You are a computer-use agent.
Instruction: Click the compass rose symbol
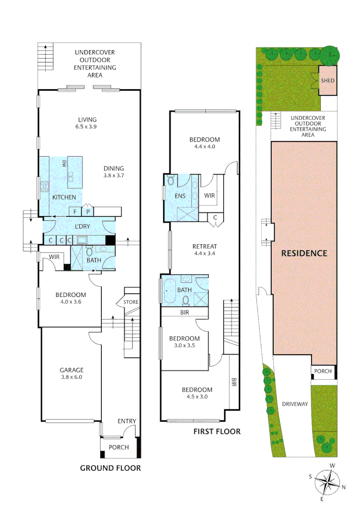(327, 482)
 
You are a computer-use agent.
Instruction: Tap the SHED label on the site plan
(327, 81)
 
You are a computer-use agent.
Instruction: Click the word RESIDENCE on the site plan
(304, 254)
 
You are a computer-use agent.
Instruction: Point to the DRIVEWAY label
(295, 404)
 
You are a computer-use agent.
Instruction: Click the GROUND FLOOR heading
(110, 468)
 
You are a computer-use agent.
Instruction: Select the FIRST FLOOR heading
(217, 431)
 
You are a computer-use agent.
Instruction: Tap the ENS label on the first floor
(180, 196)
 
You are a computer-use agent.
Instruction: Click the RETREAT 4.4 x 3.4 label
(204, 250)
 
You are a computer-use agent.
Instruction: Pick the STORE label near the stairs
(132, 302)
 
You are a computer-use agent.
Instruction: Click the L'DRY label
(82, 227)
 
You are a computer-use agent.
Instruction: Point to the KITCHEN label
(64, 197)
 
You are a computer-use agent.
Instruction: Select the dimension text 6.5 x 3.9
(87, 127)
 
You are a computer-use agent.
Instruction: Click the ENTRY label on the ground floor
(127, 421)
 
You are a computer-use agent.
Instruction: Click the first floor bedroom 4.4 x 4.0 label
(205, 143)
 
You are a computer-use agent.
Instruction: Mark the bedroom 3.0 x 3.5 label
(184, 342)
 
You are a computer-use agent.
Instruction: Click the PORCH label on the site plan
(324, 371)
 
